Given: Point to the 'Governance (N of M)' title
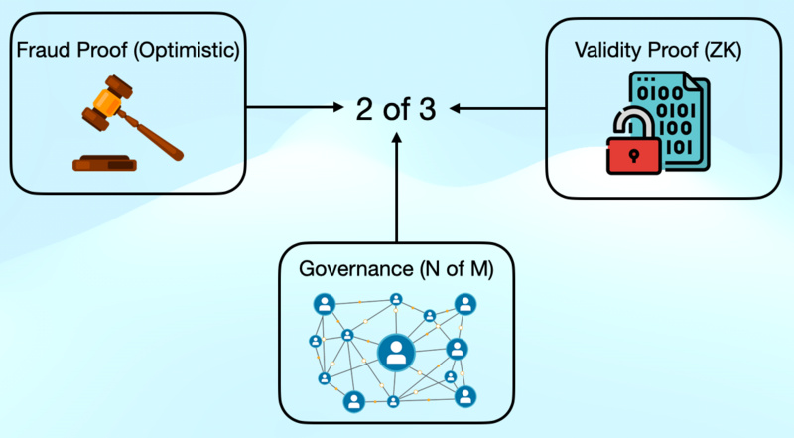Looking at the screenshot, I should click(396, 269).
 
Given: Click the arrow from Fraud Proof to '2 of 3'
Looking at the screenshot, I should click(294, 107).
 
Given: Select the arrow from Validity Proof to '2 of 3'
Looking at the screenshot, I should click(501, 107).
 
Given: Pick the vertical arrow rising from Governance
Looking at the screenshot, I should click(396, 189).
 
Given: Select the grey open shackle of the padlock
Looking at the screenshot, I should click(628, 124).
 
